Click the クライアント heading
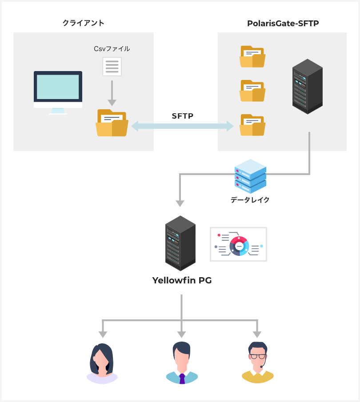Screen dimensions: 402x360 [84, 23]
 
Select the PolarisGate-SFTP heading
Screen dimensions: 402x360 [283, 23]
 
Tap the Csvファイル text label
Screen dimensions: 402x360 [112, 49]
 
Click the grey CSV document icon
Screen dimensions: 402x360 [112, 67]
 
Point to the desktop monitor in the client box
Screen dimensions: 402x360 [58, 91]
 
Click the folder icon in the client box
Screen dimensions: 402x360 [112, 123]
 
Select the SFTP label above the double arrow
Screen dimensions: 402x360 [183, 116]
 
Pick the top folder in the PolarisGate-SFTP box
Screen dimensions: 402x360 [252, 57]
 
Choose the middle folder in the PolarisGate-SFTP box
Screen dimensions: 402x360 [252, 91]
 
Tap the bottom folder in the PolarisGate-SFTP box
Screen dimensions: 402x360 [252, 125]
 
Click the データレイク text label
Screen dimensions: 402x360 [250, 200]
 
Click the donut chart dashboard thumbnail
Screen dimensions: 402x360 [238, 244]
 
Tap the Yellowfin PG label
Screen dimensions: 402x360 [182, 280]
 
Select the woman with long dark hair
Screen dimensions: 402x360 [102, 363]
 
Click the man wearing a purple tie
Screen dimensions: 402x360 [182, 363]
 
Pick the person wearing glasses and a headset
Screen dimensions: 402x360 [257, 363]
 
